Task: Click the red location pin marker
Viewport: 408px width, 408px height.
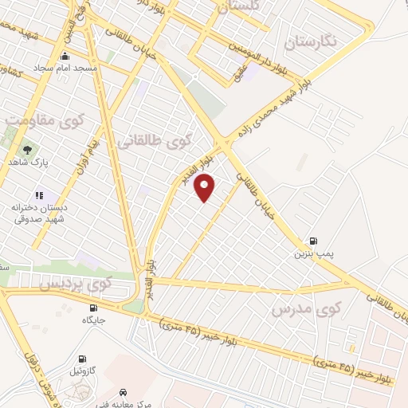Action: [x=206, y=187]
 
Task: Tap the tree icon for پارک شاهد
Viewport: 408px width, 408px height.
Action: [x=27, y=149]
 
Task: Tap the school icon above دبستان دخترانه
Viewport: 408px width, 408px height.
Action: [x=38, y=195]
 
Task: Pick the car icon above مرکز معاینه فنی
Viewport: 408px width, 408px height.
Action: [x=124, y=392]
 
